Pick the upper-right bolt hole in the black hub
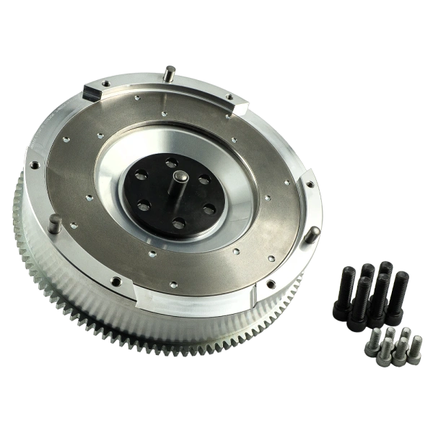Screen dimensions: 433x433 pos(204,179)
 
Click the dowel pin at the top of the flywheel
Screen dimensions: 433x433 pos(168,72)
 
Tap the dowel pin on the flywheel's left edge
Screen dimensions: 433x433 pos(54,225)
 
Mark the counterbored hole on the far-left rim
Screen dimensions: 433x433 pos(34,165)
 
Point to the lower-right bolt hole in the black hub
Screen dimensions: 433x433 pos(209,209)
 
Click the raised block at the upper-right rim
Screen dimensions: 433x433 pos(238,108)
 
